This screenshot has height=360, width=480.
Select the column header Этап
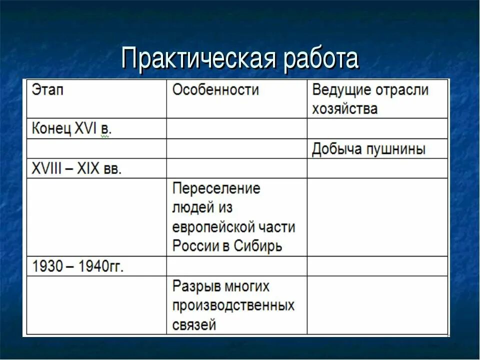48,90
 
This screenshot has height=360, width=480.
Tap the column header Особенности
215,90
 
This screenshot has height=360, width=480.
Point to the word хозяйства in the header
344,108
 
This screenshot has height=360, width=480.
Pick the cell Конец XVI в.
71,129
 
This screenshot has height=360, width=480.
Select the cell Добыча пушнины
368,149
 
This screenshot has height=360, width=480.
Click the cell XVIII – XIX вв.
76,168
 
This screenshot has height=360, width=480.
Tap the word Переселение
216,188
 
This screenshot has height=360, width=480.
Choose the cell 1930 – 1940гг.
77,266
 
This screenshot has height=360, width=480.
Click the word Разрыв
195,286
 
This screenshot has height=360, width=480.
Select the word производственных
233,305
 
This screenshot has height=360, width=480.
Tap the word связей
194,325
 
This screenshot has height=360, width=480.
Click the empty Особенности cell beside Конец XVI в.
236,129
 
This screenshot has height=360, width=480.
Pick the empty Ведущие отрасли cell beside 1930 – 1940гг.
377,266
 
